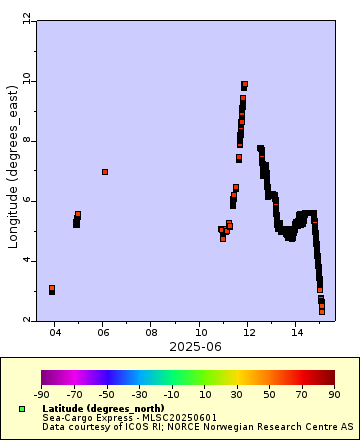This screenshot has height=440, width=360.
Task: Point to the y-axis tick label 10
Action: click(25, 80)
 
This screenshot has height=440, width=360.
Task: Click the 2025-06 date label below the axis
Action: click(175, 346)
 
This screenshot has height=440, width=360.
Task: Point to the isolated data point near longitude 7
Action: click(105, 172)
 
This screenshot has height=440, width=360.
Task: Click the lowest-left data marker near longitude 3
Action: click(52, 289)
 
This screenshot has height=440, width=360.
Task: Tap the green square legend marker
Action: click(21, 409)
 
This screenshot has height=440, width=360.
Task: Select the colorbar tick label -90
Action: click(42, 395)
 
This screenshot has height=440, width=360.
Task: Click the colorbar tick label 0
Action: click(188, 395)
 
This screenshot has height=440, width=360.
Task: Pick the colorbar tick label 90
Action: click(334, 395)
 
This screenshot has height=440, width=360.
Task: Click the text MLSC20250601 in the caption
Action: click(177, 418)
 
